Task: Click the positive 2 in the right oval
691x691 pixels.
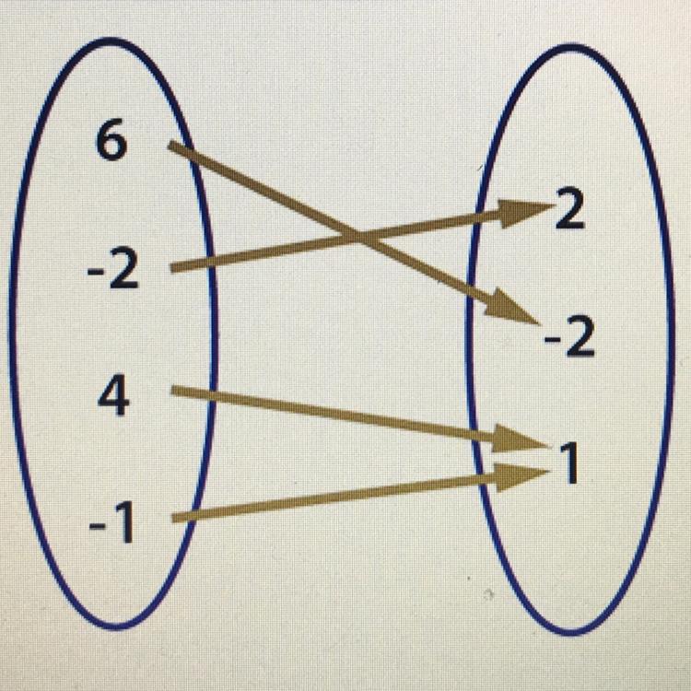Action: (x=568, y=214)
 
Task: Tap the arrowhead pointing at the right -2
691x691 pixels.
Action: (x=516, y=308)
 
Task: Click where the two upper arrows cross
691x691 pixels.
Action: (x=355, y=241)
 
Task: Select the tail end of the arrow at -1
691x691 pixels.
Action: (x=175, y=520)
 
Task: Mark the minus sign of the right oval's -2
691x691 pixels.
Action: (x=551, y=343)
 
